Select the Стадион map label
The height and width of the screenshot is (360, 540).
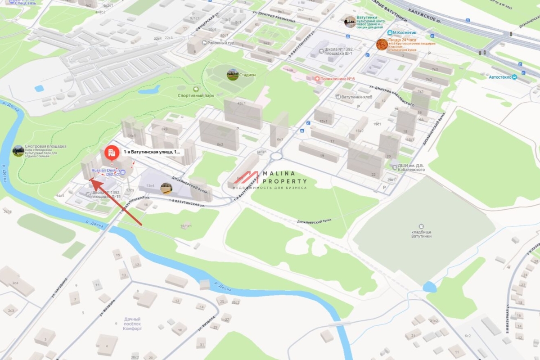tap(247, 75)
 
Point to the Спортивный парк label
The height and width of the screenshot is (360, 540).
tap(196, 95)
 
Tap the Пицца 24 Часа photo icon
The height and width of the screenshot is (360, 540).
tap(382, 44)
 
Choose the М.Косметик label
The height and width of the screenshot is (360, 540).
tap(404, 33)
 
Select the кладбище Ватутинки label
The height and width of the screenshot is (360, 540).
tap(421, 236)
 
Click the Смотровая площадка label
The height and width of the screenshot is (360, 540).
tap(45, 146)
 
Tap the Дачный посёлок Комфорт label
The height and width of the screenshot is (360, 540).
tap(133, 324)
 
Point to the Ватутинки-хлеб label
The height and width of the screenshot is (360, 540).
tap(356, 97)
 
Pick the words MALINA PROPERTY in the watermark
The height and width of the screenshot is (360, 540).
tap(285, 177)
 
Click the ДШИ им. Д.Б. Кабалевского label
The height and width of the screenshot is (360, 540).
tap(411, 167)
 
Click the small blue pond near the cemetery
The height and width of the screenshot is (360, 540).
tap(430, 286)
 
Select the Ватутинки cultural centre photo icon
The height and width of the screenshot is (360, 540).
tap(350, 21)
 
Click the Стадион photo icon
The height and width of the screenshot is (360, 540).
tap(232, 75)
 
